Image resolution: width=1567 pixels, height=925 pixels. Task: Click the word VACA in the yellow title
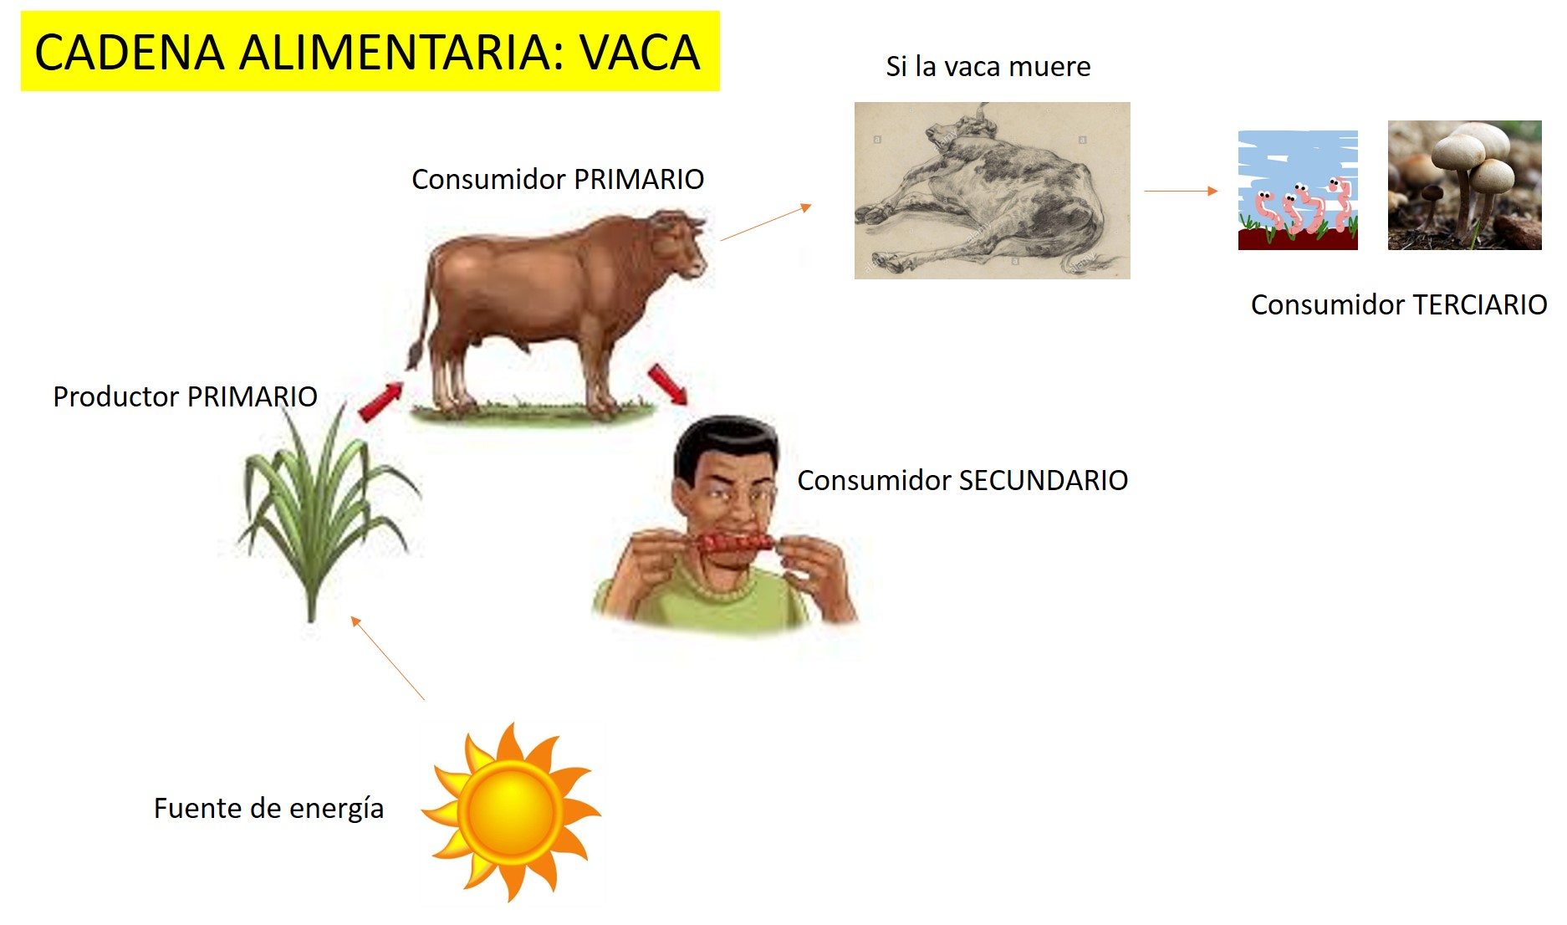(x=640, y=53)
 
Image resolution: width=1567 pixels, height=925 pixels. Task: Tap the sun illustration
(x=511, y=811)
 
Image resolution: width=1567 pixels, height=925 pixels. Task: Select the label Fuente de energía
(x=268, y=808)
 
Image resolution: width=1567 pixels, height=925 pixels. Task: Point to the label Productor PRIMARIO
(x=185, y=396)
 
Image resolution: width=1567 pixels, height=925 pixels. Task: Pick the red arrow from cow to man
(x=667, y=384)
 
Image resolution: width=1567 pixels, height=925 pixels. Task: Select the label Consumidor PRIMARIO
(x=558, y=179)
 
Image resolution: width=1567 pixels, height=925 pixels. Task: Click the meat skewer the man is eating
(x=736, y=543)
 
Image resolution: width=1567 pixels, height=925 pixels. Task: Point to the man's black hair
(x=724, y=439)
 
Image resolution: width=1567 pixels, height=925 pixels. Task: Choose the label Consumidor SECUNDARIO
(x=962, y=480)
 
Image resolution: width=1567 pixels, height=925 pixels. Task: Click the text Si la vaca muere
(x=988, y=66)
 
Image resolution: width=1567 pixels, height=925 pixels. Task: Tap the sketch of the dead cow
(x=992, y=191)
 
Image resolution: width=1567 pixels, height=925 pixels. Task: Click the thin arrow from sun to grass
(x=387, y=657)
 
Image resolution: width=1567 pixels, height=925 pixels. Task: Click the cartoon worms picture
(x=1298, y=191)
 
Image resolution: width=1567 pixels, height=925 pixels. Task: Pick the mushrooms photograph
(x=1464, y=185)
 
